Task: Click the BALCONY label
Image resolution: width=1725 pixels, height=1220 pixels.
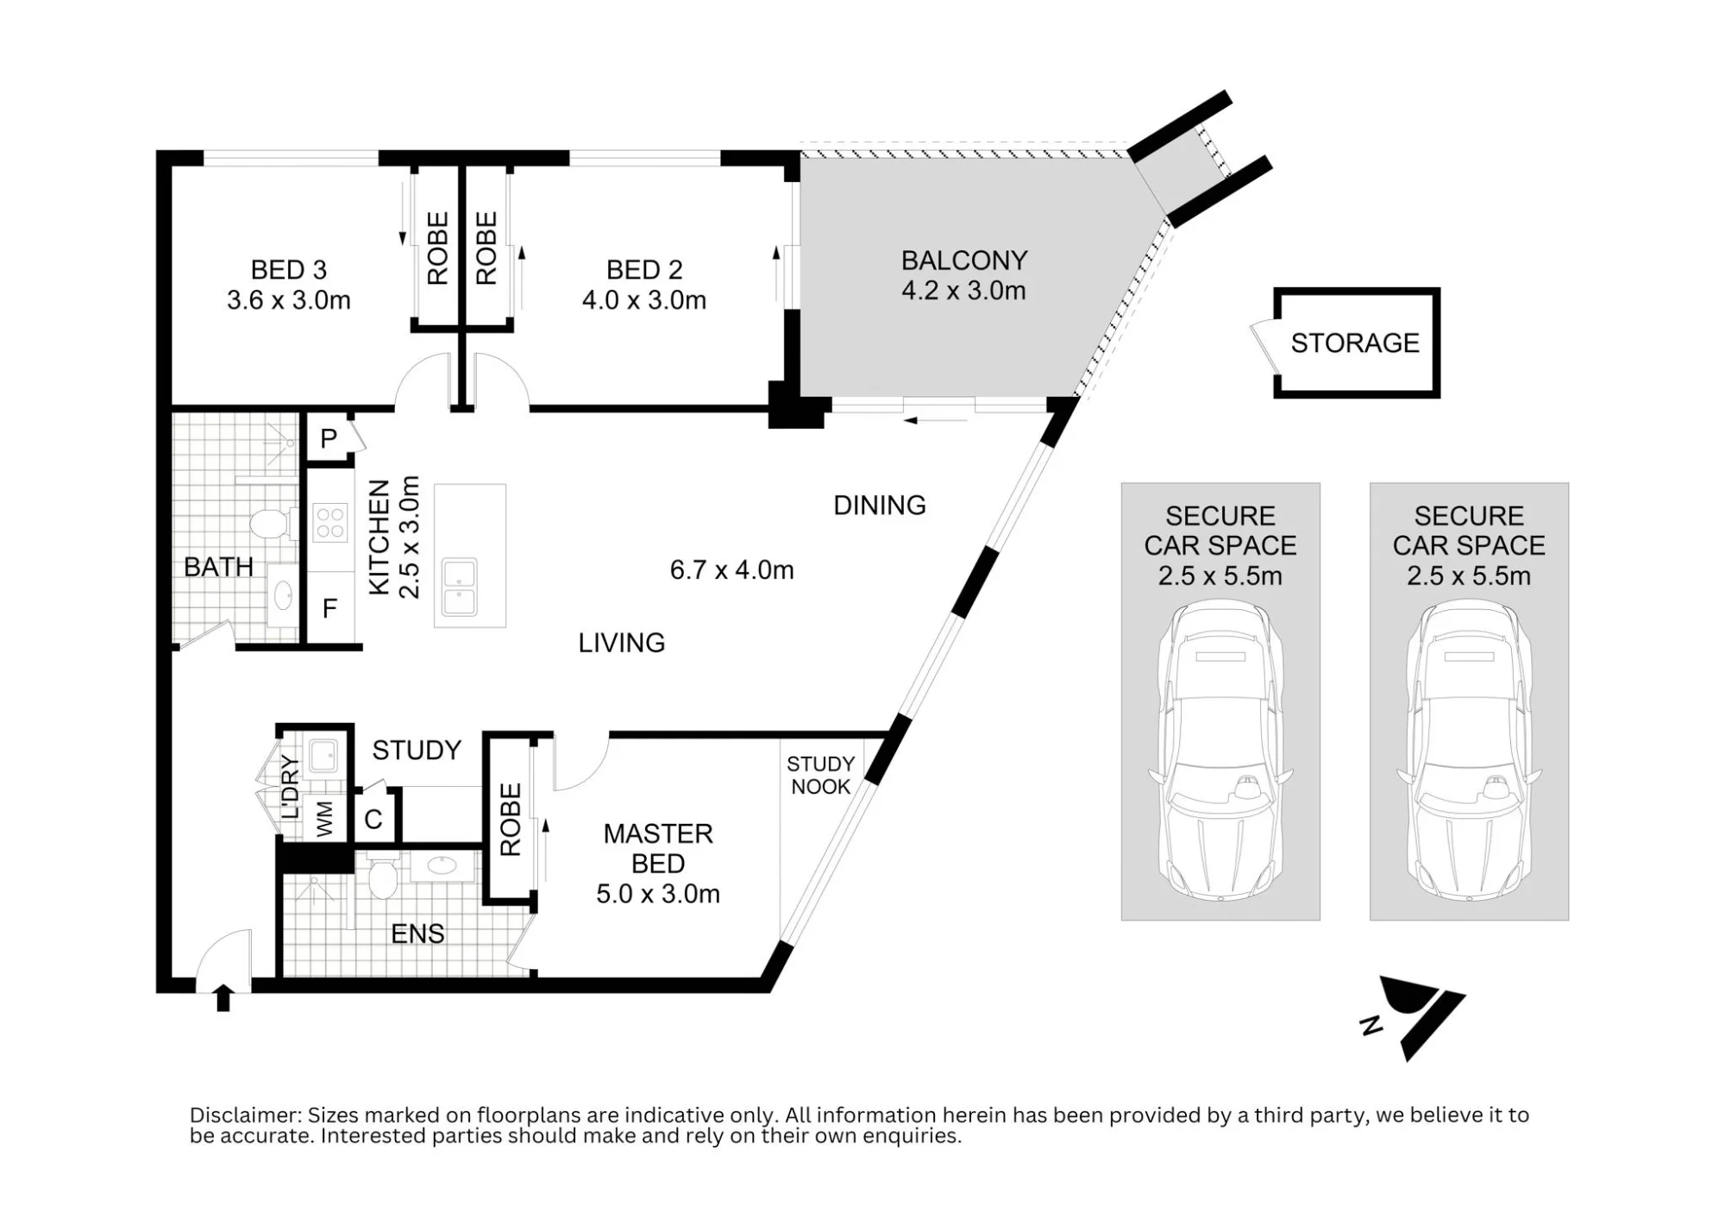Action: pyautogui.click(x=963, y=261)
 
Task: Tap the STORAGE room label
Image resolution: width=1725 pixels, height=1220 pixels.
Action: pyautogui.click(x=1355, y=343)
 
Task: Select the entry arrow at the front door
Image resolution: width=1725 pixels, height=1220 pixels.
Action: pyautogui.click(x=223, y=997)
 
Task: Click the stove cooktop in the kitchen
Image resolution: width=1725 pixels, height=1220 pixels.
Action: pyautogui.click(x=330, y=523)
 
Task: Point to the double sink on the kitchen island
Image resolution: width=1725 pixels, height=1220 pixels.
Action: pyautogui.click(x=460, y=588)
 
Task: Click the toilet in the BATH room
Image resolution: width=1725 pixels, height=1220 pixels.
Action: pyautogui.click(x=271, y=523)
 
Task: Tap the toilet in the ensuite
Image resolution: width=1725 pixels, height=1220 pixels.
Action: pyautogui.click(x=382, y=877)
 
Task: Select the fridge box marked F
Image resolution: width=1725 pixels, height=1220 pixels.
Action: pyautogui.click(x=330, y=609)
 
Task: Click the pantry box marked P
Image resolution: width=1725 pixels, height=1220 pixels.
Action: pyautogui.click(x=329, y=438)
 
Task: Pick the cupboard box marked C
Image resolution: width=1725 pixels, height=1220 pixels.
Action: pyautogui.click(x=373, y=819)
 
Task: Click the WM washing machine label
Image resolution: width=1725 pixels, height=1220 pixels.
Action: pyautogui.click(x=324, y=819)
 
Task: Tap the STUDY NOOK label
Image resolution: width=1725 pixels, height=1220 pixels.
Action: pyautogui.click(x=820, y=776)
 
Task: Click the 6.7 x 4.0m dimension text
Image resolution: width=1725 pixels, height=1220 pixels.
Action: pyautogui.click(x=731, y=570)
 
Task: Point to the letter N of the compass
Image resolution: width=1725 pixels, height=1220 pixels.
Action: pyautogui.click(x=1371, y=1025)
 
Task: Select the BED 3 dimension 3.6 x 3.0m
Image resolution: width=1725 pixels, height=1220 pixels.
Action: pyautogui.click(x=289, y=300)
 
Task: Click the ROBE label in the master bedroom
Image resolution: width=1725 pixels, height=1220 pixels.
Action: pyautogui.click(x=511, y=820)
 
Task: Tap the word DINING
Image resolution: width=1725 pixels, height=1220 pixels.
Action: pyautogui.click(x=880, y=506)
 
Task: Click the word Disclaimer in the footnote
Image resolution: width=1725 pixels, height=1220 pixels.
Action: pyautogui.click(x=245, y=1116)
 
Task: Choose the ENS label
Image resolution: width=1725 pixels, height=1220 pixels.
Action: pyautogui.click(x=417, y=934)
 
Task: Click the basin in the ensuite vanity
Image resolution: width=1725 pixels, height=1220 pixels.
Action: pyautogui.click(x=442, y=865)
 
